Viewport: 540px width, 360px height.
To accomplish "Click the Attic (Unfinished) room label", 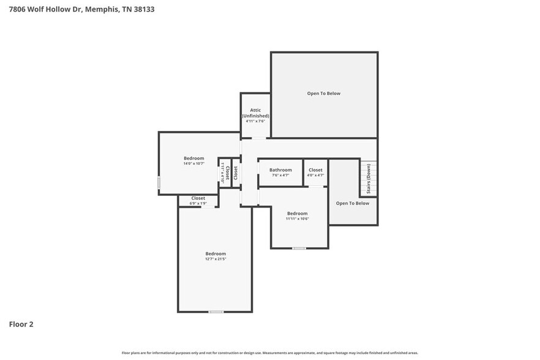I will point(255,113).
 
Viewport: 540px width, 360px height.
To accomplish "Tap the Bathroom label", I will point(280,170).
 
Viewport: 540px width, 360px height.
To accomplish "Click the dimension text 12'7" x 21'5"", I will point(216,259).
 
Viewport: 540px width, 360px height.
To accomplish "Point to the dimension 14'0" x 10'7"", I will point(193,163).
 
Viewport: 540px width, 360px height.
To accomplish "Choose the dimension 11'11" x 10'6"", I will point(298,219).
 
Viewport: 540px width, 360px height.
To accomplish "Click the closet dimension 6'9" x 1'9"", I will point(198,203).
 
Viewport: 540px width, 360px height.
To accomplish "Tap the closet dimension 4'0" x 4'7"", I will point(315,175).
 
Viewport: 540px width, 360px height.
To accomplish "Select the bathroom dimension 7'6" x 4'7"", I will point(280,175).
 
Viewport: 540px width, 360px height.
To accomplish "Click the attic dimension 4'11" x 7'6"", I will point(255,121).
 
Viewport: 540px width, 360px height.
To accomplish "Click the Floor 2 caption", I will point(21,324).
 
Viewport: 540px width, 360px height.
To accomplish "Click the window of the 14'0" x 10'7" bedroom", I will point(159,182).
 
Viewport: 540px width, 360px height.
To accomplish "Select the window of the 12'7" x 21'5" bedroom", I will point(216,312).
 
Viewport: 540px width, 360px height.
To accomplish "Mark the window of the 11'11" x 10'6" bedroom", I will point(299,248).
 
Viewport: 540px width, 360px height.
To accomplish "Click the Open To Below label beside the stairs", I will point(353,203).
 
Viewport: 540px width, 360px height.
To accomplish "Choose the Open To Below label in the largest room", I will point(323,94).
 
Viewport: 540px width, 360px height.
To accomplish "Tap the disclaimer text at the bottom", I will point(270,353).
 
